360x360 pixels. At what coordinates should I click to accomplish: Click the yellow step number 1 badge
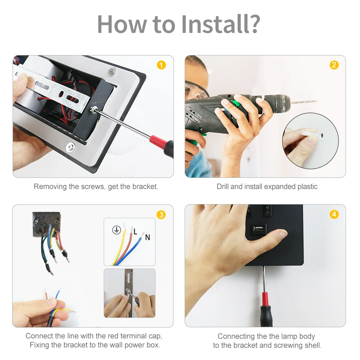pos(161,65)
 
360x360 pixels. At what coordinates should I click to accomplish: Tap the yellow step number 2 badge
pos(334,65)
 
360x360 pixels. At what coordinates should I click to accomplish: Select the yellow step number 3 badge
pos(161,215)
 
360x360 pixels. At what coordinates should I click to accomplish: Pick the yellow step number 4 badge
pos(334,215)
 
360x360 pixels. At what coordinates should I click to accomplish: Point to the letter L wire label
pos(135,231)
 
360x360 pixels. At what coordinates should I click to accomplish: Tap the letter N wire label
pos(148,237)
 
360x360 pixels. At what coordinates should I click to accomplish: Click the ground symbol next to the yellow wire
pos(117,230)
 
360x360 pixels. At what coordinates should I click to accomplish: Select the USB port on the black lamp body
pos(258,229)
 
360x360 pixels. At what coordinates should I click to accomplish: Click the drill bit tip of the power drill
pos(318,100)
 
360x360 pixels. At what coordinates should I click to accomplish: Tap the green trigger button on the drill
pos(236,104)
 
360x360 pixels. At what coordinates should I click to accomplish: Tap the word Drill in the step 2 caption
pos(222,186)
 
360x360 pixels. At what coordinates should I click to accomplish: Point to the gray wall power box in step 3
pos(46,224)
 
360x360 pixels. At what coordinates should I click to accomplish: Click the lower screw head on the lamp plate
pos(70,147)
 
